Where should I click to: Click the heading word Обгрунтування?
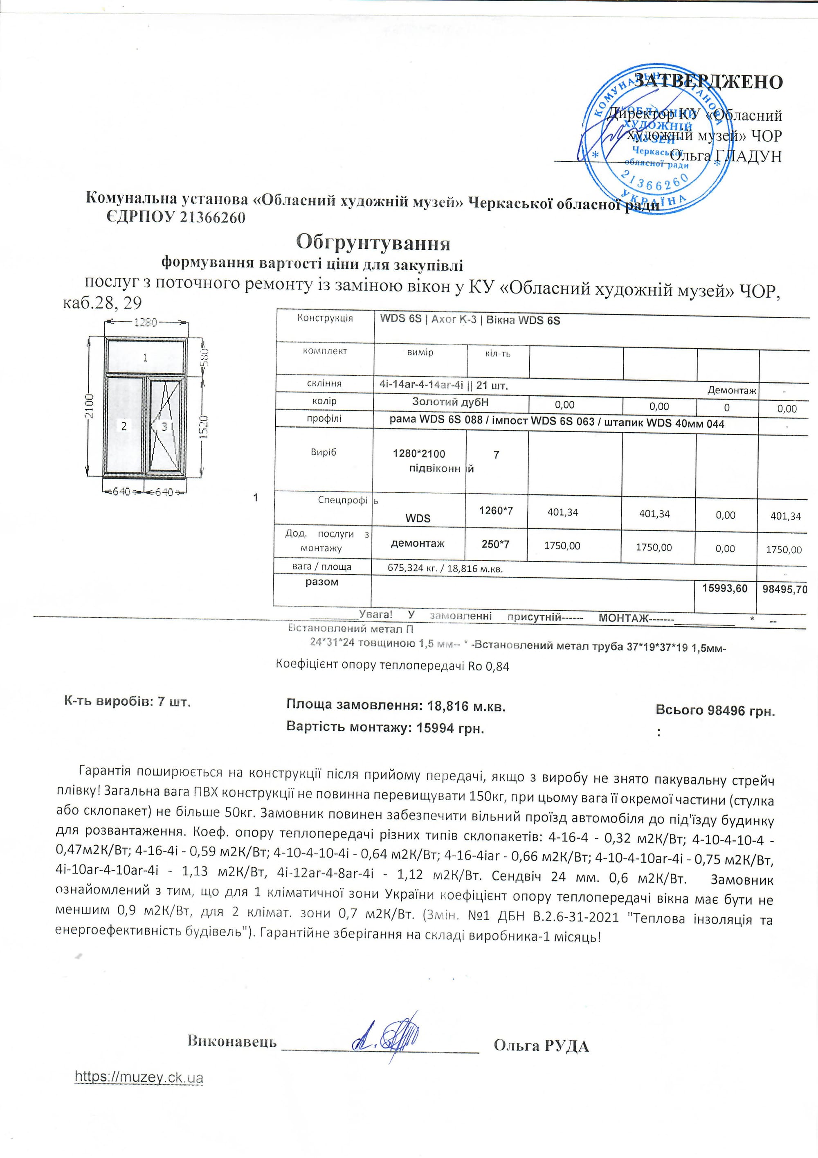[x=373, y=243]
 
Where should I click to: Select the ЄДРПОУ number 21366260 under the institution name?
[x=212, y=217]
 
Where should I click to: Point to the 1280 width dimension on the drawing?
[x=145, y=322]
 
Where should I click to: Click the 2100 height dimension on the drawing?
[x=89, y=406]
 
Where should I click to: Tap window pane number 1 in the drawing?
[x=145, y=358]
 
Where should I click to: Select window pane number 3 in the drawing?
[x=164, y=427]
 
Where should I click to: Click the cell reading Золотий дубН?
[x=450, y=402]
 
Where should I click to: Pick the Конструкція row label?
[x=325, y=318]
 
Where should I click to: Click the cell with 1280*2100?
[x=419, y=454]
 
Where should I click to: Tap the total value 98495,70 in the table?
[x=784, y=589]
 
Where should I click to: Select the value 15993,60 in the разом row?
[x=725, y=589]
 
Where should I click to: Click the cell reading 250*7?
[x=495, y=544]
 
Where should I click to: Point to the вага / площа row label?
[x=321, y=567]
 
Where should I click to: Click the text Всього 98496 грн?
[x=715, y=711]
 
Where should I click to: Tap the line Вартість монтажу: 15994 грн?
[x=385, y=728]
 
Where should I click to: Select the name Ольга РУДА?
[x=541, y=1045]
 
